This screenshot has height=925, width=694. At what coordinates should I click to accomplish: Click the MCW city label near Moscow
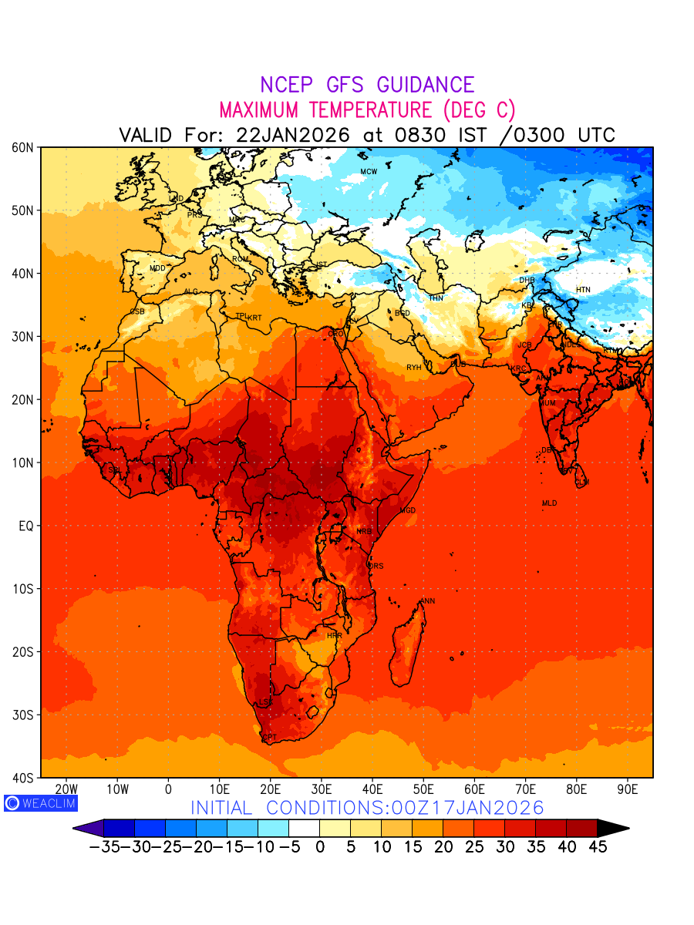pos(369,172)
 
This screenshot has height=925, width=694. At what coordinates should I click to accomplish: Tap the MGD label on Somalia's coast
pos(408,511)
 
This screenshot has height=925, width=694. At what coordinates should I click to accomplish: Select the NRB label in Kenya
pos(364,532)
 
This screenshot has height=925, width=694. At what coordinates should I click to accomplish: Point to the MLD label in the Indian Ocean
pos(549,503)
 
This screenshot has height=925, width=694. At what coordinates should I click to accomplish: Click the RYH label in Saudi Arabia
pos(414,368)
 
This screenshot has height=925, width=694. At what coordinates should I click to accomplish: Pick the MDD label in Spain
pos(157,268)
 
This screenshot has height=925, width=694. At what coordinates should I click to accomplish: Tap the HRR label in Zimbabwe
pos(334,636)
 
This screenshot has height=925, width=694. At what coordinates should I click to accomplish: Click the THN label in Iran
pos(436,298)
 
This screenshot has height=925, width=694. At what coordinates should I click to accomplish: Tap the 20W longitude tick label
pos(66,789)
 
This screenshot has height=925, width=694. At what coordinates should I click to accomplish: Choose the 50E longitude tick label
pos(423,789)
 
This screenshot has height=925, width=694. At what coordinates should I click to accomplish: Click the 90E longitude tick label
pos(628,789)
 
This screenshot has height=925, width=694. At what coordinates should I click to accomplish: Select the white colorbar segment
pos(304,828)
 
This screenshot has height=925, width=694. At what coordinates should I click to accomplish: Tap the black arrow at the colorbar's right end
pos(614,828)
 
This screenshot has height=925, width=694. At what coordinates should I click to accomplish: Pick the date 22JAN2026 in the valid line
pos(292,135)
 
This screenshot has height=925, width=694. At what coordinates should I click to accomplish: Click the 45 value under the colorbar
pos(597,847)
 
